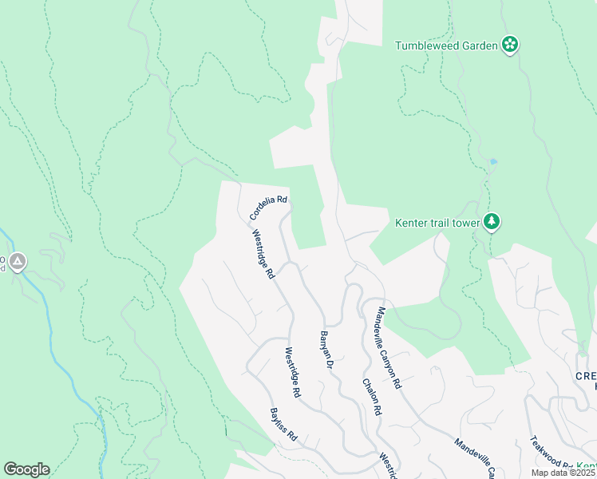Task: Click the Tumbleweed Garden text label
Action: [446, 46]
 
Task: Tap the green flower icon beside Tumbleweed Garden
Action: [510, 45]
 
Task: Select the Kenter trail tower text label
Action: [437, 223]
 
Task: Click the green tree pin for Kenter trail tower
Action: [492, 222]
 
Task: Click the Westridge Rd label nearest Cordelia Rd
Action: [263, 255]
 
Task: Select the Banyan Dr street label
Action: [326, 350]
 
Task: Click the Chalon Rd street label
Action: [372, 397]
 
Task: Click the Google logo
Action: [26, 469]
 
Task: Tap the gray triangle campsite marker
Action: [18, 260]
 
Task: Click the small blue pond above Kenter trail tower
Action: [494, 162]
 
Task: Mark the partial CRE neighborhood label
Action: [586, 376]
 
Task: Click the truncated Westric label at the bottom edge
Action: [388, 466]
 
